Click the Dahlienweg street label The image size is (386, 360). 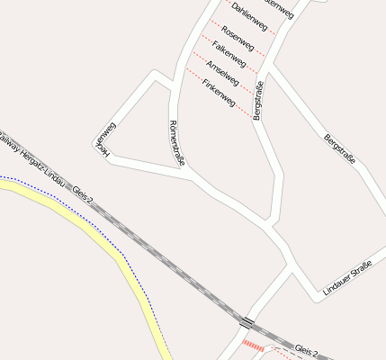click(x=249, y=18)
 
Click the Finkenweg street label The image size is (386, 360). click(x=219, y=94)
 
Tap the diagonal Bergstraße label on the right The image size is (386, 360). click(x=339, y=148)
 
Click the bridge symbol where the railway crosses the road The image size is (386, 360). click(x=247, y=321)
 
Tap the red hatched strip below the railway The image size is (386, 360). click(x=254, y=346)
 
